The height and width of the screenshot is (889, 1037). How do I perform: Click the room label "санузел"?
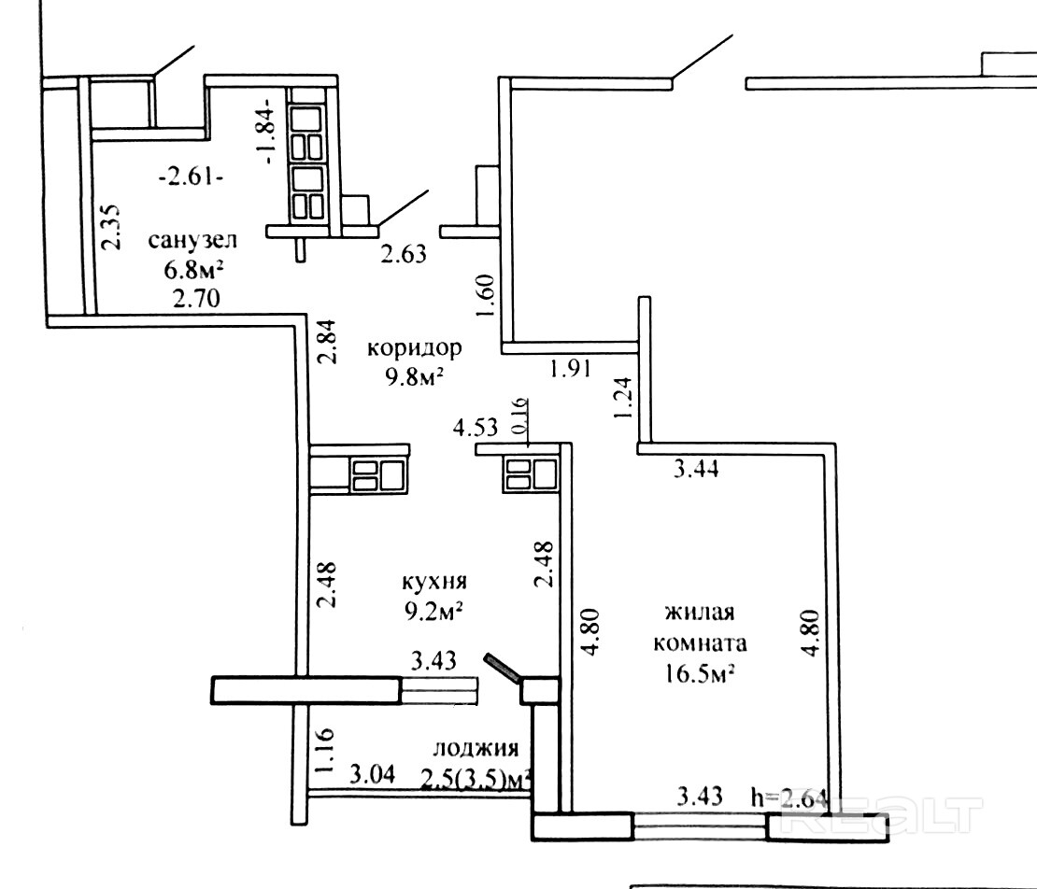click(x=192, y=241)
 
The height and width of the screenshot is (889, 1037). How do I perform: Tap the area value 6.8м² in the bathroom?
click(x=193, y=270)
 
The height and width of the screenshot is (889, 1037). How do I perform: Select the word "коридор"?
click(x=414, y=348)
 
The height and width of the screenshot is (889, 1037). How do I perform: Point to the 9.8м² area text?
click(x=414, y=377)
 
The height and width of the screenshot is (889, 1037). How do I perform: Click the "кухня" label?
click(x=434, y=583)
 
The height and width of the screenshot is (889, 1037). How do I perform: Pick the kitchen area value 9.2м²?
click(x=433, y=612)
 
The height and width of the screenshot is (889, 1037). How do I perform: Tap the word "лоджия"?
click(x=476, y=749)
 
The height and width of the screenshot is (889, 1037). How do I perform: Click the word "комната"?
click(x=701, y=643)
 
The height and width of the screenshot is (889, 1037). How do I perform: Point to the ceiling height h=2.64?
click(x=789, y=798)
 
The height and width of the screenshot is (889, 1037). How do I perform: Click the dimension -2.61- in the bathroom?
click(x=191, y=177)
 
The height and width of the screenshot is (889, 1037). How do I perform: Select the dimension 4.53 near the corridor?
click(x=475, y=427)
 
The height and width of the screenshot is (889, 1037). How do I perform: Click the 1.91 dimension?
click(x=570, y=368)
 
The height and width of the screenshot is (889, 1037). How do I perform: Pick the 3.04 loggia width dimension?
click(x=373, y=773)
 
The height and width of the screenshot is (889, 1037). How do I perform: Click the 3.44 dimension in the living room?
click(x=696, y=470)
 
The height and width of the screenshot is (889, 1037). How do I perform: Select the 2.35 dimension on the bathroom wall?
click(x=111, y=227)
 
